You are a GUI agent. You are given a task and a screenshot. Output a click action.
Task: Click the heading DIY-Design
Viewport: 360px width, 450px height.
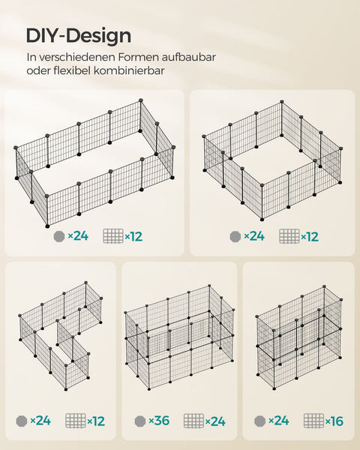point(79,35)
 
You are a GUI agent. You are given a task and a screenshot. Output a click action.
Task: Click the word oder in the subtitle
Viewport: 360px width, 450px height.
point(38,71)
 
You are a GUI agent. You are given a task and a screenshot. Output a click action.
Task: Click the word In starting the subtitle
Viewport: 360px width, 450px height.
point(31,56)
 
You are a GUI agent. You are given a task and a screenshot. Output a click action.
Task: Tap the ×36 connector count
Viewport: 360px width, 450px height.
point(158,421)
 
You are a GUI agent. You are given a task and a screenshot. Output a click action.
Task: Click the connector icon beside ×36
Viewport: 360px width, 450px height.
point(139,421)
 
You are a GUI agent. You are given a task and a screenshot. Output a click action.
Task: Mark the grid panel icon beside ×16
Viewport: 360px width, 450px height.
point(313,421)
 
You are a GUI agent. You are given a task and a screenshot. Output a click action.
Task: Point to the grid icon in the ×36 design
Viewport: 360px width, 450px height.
point(193,421)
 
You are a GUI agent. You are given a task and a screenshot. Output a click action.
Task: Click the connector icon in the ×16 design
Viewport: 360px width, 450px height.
point(260,421)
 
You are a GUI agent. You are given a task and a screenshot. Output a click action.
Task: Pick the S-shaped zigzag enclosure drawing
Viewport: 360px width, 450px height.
point(60,334)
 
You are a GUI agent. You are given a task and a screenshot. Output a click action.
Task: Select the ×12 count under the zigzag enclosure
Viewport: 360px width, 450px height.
point(95,421)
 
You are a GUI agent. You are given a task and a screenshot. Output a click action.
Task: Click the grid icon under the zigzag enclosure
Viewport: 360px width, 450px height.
point(75,421)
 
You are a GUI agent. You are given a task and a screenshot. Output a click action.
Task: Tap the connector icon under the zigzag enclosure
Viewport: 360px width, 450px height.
point(22,421)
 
